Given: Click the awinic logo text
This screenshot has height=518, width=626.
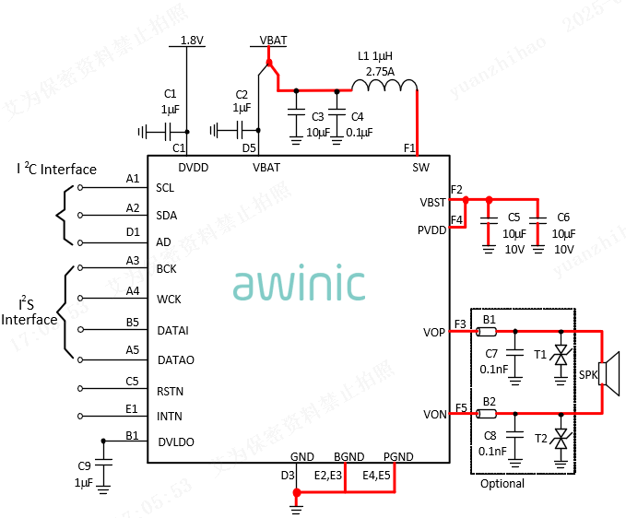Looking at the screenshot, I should [299, 284].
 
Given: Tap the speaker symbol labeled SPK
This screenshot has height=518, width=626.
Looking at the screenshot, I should [606, 372].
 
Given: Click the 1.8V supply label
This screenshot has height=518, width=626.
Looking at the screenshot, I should [192, 41].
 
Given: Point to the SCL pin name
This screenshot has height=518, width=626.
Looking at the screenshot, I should [165, 188].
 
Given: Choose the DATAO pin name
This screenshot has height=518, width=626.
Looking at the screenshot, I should [175, 359].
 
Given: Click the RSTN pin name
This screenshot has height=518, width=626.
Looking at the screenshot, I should [170, 391].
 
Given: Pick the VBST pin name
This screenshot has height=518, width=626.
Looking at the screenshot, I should [432, 202].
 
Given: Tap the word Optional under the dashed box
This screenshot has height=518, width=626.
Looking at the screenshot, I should [502, 484].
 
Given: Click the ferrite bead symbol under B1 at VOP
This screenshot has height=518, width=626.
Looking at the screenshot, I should [489, 331].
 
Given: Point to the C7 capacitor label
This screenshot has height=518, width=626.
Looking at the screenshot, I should [491, 354].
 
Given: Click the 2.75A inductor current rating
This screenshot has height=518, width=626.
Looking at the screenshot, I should [380, 71].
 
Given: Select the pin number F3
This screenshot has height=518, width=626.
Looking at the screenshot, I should [460, 324].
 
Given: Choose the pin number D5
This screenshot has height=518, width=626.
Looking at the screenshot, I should [249, 147].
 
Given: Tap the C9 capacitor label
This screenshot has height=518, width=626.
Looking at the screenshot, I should [84, 465].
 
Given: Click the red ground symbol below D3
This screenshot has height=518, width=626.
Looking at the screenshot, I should [297, 500].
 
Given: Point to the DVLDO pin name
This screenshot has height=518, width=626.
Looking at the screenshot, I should [175, 442].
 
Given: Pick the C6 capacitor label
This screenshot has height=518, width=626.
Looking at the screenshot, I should [563, 218].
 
